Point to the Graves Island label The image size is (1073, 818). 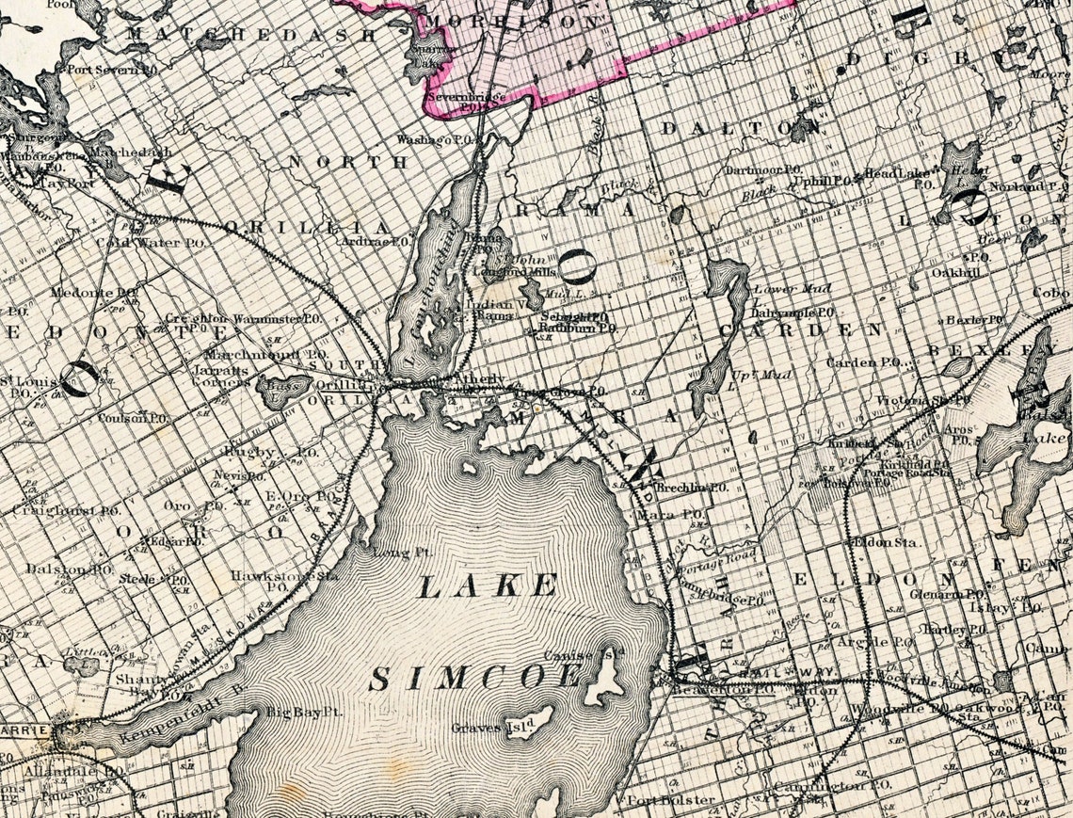[492, 727]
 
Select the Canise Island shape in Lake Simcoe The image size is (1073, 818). [603, 681]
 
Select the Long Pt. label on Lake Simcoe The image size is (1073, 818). [395, 552]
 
